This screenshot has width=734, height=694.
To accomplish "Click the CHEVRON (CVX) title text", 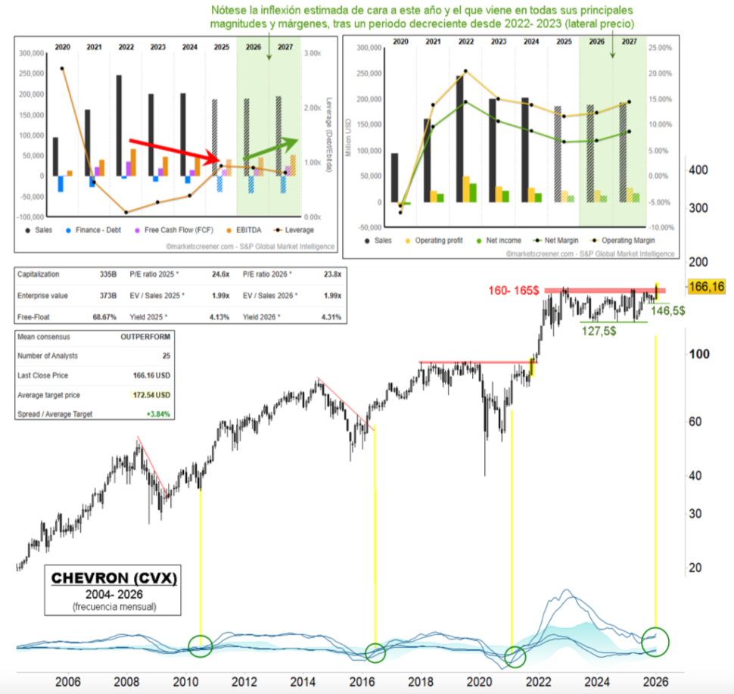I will pos(114,579).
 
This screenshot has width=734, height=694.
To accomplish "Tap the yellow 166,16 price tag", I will pos(708,287).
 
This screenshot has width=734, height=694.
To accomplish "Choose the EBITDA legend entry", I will pos(244,230).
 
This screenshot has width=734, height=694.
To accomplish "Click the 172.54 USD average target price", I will pos(148,395).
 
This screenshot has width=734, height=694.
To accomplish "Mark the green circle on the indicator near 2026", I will pos(655,641).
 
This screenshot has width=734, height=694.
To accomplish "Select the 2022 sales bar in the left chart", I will pos(119,126).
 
